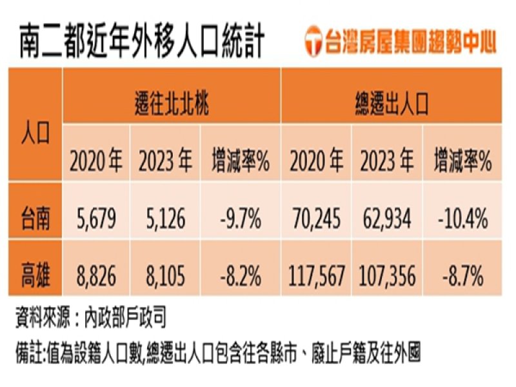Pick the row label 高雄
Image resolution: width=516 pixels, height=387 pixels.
click(35, 277)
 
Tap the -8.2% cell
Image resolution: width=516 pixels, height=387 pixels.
click(239, 277)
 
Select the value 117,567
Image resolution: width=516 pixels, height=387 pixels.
click(315, 277)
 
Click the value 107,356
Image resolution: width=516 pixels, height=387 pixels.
click(386, 277)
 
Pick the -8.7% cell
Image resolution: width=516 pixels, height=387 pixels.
click(462, 277)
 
